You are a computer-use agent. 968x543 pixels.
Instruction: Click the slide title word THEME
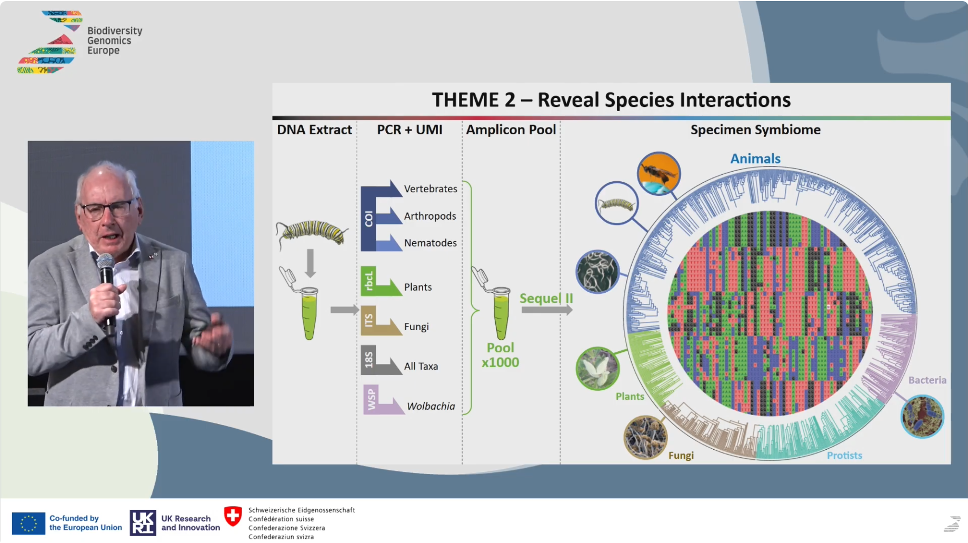(x=473, y=100)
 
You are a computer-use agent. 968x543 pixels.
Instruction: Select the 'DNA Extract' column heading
(x=314, y=130)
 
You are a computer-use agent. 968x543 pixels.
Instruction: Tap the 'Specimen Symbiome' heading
(x=755, y=130)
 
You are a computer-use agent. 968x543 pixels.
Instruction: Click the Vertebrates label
(x=431, y=189)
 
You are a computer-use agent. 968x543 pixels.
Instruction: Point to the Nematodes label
(x=431, y=243)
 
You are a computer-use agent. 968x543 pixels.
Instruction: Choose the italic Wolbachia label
(x=431, y=406)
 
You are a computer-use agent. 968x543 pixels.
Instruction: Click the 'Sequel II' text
(x=546, y=298)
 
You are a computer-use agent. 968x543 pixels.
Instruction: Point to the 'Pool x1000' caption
(x=500, y=355)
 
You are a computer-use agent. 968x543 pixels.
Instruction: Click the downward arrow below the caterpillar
(x=311, y=263)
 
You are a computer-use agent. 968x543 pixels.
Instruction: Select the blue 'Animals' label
(x=755, y=159)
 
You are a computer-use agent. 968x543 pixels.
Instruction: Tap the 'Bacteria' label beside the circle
(x=927, y=380)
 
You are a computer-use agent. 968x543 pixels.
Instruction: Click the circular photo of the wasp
(x=658, y=173)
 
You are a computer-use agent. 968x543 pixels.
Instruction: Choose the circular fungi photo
(x=645, y=437)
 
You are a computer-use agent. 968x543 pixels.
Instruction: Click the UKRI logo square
(x=143, y=522)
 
